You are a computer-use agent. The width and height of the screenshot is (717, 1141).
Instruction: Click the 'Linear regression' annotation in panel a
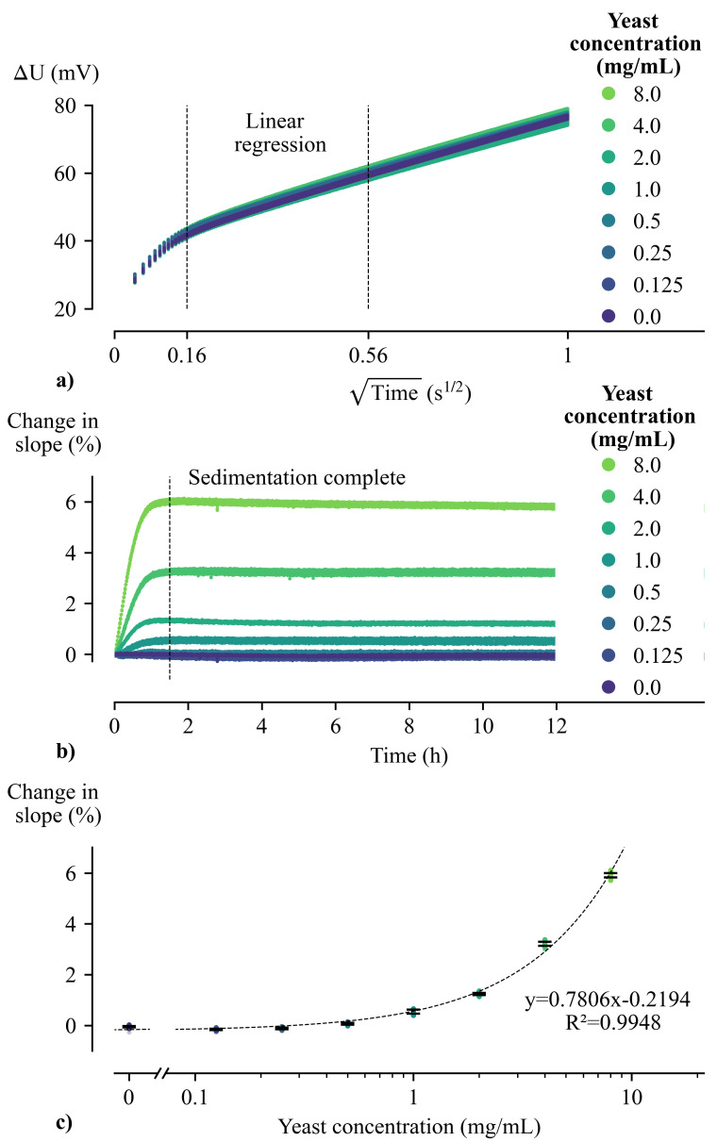click(286, 133)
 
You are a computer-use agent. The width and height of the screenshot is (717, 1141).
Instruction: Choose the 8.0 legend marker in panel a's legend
click(609, 92)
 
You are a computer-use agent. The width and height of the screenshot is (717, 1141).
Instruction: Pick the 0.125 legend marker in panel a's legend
click(609, 285)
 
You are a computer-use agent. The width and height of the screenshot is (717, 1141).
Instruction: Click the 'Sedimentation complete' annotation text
click(297, 478)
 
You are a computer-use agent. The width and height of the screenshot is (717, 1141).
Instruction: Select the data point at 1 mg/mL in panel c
click(413, 1011)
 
